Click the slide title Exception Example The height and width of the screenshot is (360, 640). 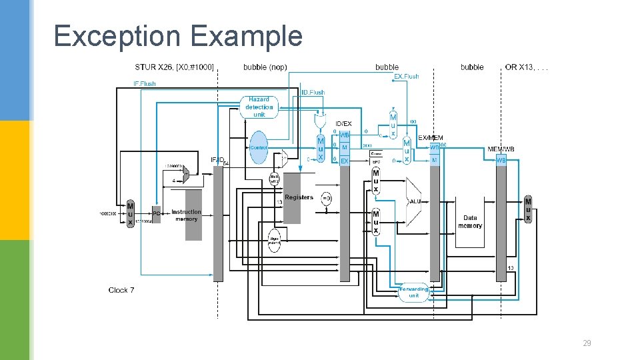click(x=177, y=35)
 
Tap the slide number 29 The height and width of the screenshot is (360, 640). click(x=587, y=343)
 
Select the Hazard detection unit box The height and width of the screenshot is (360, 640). click(x=259, y=107)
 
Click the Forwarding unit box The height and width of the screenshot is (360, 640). click(x=413, y=292)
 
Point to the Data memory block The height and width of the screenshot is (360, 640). click(x=470, y=222)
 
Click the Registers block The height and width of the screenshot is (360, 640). click(x=298, y=198)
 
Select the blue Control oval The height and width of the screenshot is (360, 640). click(x=259, y=147)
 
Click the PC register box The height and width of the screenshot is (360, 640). click(x=156, y=213)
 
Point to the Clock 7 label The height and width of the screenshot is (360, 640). click(x=121, y=290)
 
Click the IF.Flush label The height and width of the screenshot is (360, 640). click(x=145, y=84)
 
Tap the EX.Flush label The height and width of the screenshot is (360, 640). click(x=407, y=77)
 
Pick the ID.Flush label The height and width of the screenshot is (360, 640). click(x=313, y=93)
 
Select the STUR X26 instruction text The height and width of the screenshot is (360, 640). click(x=174, y=67)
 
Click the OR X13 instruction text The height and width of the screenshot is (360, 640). click(x=527, y=67)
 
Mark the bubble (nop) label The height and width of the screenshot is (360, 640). click(x=265, y=67)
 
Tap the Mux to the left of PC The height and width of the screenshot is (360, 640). click(x=130, y=213)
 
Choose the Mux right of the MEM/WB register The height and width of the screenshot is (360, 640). click(x=528, y=209)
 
